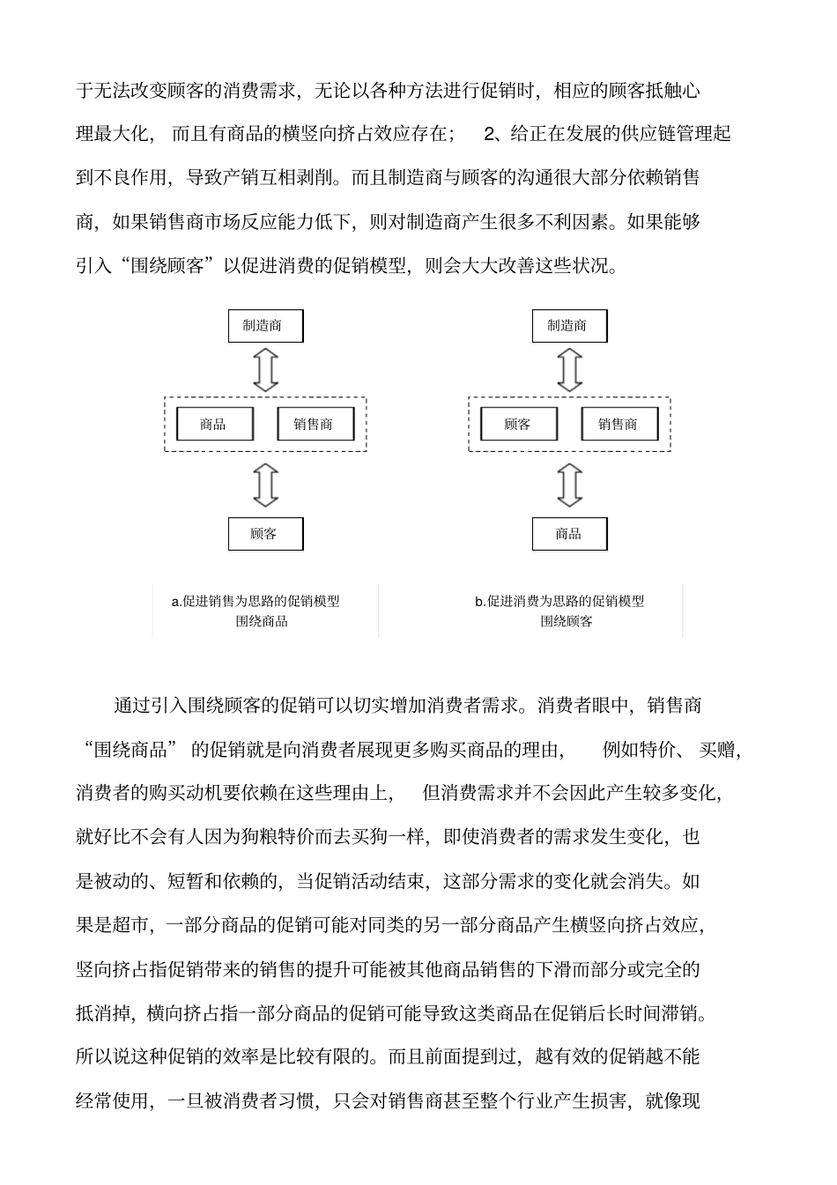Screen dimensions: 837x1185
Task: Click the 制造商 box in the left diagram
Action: [265, 326]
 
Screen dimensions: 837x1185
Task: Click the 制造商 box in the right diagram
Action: [569, 326]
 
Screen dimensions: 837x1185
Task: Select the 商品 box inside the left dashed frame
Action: [214, 425]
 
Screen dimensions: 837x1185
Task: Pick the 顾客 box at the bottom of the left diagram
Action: [265, 534]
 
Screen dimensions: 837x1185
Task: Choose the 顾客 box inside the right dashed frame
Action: [518, 425]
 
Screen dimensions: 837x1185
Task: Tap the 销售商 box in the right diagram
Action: [619, 425]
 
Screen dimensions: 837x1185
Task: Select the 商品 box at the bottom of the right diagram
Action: [569, 534]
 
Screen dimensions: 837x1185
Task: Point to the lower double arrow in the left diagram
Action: [265, 485]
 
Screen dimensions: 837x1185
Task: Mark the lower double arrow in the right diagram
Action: [570, 485]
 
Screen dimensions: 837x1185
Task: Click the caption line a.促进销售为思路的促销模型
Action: [256, 602]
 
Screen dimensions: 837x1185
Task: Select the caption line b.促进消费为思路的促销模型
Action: [559, 602]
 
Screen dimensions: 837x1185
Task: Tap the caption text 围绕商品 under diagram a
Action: [262, 621]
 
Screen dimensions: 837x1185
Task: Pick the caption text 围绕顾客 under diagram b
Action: [567, 621]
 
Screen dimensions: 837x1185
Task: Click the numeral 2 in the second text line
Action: [491, 134]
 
